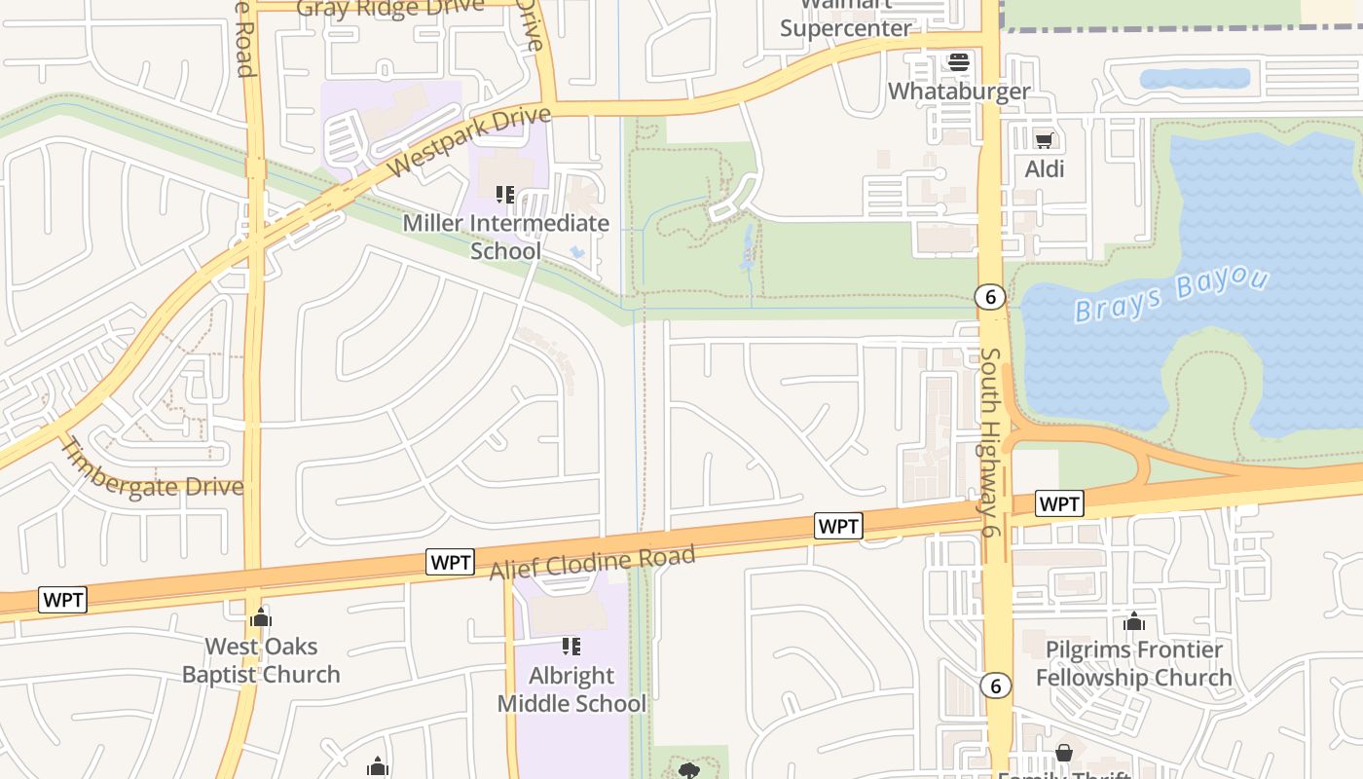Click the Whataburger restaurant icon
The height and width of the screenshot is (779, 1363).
click(x=959, y=62)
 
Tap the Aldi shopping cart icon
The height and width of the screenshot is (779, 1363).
click(x=1045, y=141)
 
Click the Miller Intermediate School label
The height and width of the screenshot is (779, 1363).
click(x=505, y=237)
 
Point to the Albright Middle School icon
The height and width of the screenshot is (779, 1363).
click(x=571, y=647)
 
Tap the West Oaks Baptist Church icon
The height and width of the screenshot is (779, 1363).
click(x=260, y=617)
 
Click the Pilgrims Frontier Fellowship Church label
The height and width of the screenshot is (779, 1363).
click(x=1133, y=663)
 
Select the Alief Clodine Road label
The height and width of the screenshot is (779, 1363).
click(x=593, y=563)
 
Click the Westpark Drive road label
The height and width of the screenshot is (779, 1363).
click(x=470, y=142)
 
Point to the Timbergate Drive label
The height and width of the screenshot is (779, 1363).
click(x=152, y=471)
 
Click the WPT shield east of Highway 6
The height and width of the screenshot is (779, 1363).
click(x=1059, y=503)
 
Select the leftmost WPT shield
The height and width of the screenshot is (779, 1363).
click(x=63, y=600)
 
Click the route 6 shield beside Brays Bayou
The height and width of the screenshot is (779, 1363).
click(x=990, y=297)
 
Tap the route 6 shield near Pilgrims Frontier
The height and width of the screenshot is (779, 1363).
click(x=995, y=686)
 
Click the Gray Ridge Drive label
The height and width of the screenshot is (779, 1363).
click(x=389, y=8)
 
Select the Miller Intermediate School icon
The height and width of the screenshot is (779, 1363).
click(x=504, y=195)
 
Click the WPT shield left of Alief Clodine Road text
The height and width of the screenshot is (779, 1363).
click(x=450, y=562)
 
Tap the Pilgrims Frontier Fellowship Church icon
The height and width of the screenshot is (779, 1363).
click(x=1133, y=621)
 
